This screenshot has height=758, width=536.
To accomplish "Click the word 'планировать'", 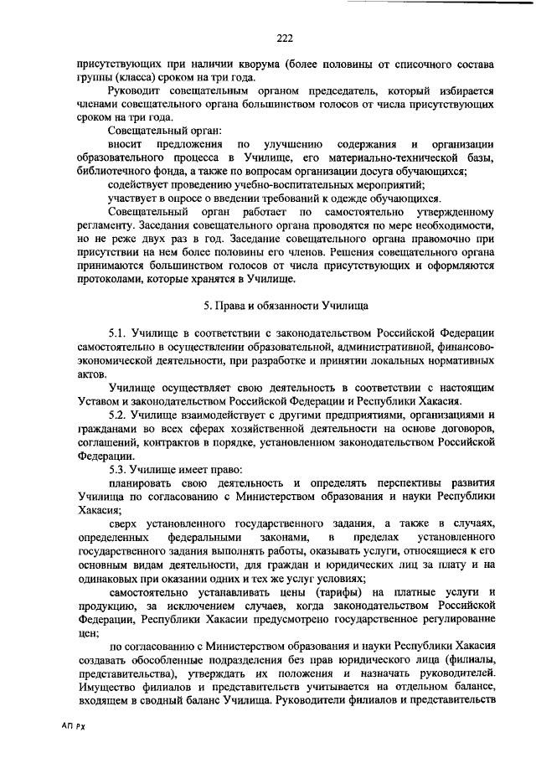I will (140, 483).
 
